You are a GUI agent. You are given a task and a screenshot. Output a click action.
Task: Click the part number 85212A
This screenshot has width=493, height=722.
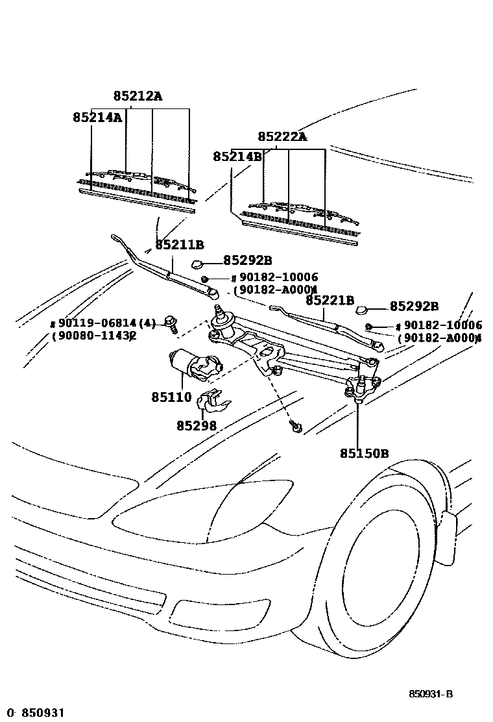[138, 96]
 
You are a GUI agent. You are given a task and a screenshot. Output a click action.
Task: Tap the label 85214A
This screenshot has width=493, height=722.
[97, 118]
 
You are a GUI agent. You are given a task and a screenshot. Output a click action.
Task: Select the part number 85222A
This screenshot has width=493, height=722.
[282, 136]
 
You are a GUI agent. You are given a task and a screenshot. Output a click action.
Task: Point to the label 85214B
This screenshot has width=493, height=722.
[237, 156]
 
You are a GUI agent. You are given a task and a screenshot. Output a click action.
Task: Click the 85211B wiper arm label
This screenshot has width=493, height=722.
[180, 245]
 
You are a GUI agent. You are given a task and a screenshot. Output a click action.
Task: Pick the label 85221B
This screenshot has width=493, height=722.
[330, 300]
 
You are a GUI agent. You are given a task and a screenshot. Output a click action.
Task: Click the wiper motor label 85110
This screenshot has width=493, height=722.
[171, 397]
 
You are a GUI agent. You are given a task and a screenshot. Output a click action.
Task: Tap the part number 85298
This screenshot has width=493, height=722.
[196, 426]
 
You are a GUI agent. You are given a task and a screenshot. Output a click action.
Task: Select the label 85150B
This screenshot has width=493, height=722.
[364, 453]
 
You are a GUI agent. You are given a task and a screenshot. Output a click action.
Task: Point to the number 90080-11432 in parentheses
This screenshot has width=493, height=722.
[94, 336]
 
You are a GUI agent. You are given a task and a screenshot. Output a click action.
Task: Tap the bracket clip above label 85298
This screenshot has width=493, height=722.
[214, 402]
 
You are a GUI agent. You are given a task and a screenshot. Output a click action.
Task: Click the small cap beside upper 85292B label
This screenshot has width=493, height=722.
[198, 264]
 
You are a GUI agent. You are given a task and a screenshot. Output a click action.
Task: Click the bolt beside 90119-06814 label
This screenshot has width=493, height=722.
[171, 323]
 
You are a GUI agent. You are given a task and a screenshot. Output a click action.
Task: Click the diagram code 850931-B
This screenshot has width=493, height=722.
[430, 694]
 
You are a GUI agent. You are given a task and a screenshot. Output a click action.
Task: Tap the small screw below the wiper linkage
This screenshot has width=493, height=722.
[295, 427]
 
